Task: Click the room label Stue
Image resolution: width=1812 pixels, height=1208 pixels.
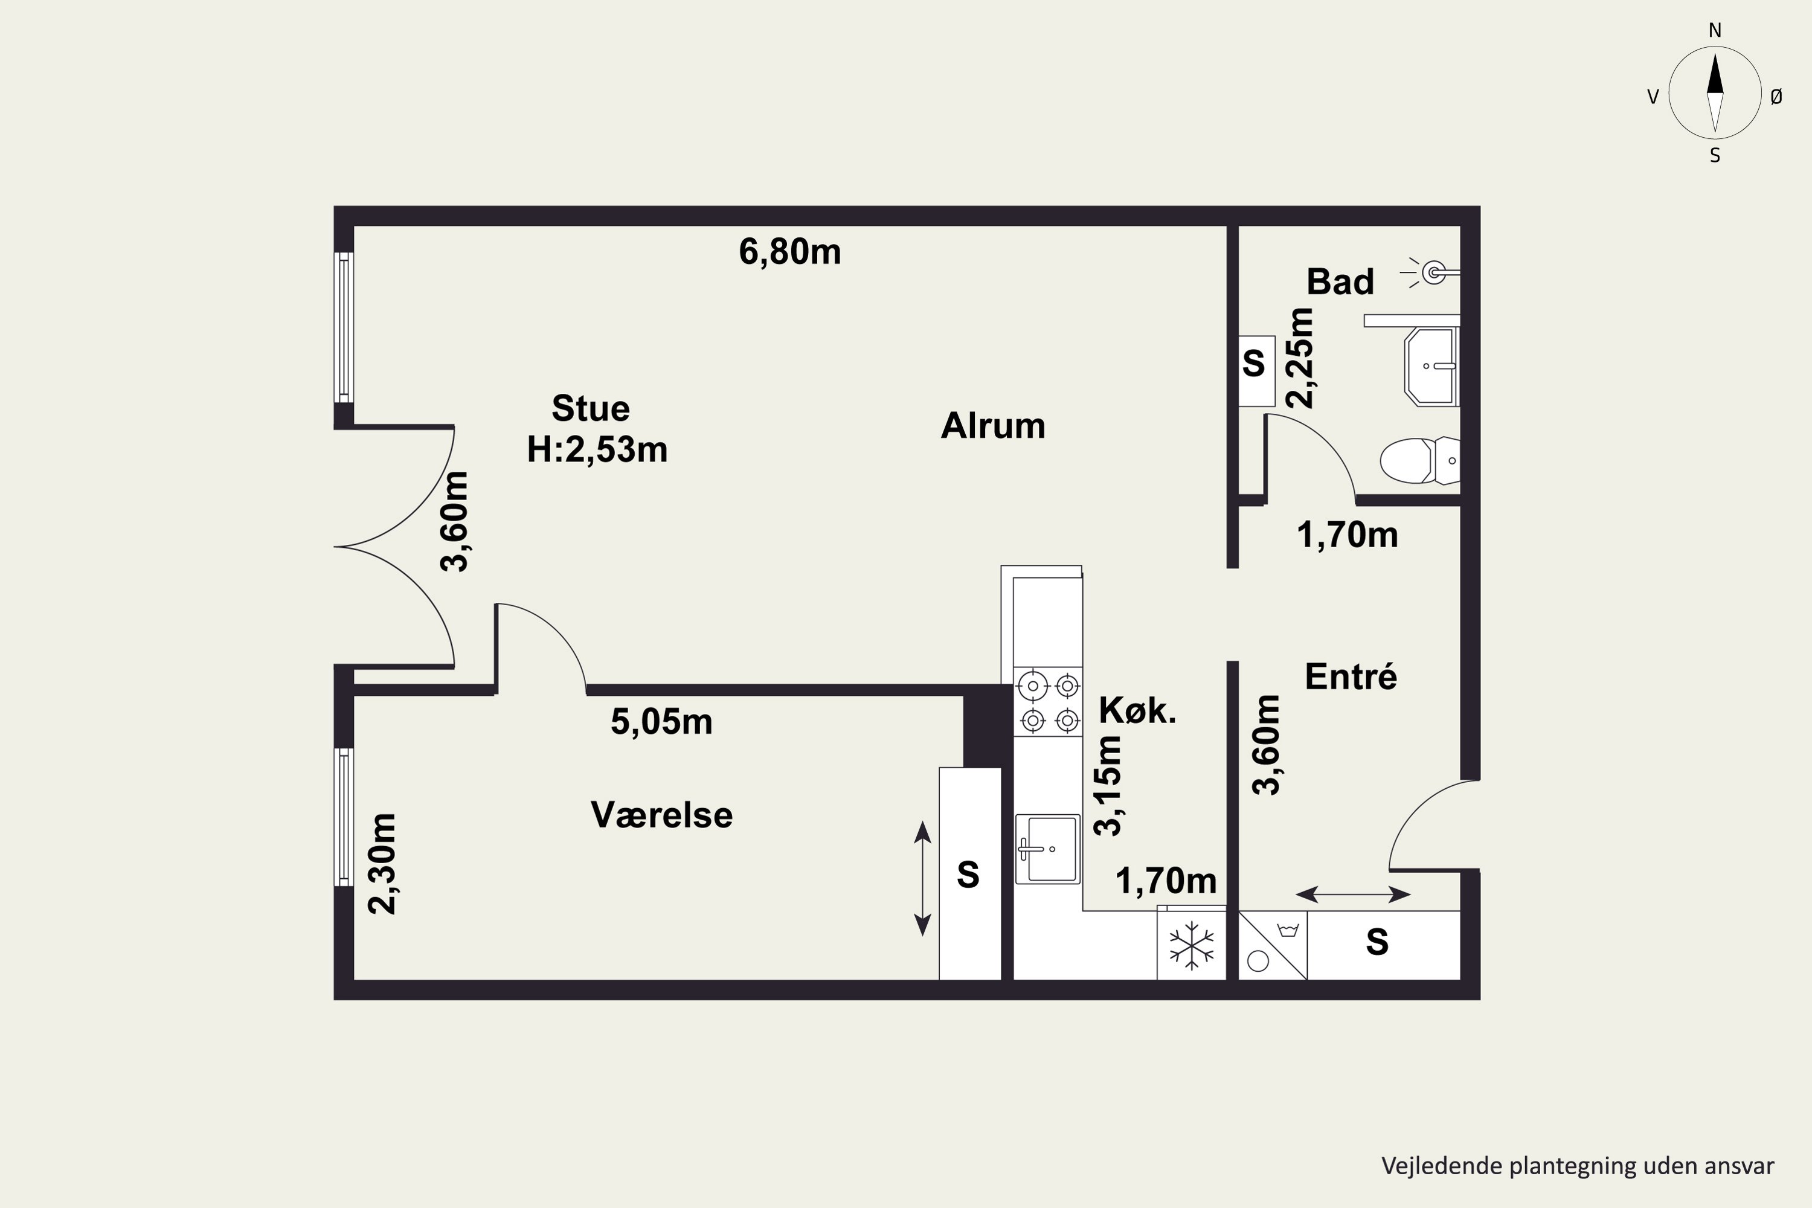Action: tap(591, 408)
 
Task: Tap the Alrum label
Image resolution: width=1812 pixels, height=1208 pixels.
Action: tap(993, 425)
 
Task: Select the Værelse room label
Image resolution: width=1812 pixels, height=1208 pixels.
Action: tap(662, 815)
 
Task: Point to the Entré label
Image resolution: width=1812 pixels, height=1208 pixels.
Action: tap(1351, 676)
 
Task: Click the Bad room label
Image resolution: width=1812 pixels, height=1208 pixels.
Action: tap(1340, 282)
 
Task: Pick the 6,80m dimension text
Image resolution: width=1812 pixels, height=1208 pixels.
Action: tap(789, 252)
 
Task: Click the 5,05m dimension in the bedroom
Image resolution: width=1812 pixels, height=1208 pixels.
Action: tap(662, 722)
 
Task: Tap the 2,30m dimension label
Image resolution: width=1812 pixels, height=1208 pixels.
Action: tap(382, 864)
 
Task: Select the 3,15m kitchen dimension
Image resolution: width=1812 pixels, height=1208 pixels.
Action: tap(1108, 786)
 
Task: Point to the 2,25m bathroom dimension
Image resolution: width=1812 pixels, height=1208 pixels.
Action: tap(1300, 358)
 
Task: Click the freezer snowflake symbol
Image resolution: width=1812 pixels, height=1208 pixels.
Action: tap(1192, 945)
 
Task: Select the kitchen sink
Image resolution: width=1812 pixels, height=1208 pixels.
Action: tap(1047, 849)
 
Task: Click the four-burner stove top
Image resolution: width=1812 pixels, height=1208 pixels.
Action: tap(1048, 702)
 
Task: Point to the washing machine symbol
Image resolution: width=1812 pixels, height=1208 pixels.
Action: tap(1273, 945)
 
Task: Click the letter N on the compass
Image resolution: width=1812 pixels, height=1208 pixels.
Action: tap(1715, 30)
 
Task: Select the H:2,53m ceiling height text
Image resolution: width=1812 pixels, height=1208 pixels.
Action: tap(597, 449)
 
